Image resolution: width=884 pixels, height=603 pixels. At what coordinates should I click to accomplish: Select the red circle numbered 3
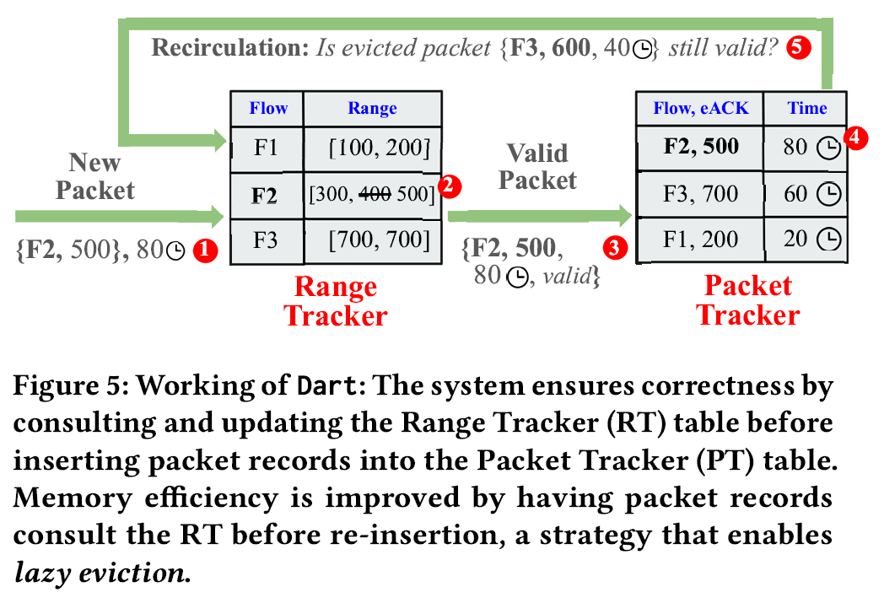(614, 247)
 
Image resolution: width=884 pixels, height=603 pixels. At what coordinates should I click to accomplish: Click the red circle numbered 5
(797, 48)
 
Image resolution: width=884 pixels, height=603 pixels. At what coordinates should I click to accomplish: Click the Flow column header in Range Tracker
(267, 109)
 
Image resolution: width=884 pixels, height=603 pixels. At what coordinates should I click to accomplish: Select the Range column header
(372, 109)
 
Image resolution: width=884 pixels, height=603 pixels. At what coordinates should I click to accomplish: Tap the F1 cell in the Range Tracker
(267, 149)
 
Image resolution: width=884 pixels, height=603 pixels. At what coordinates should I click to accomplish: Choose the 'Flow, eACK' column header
(699, 108)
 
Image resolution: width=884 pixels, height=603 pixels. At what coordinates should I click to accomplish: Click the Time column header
(807, 108)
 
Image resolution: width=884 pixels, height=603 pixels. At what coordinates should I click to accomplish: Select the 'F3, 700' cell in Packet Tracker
(700, 195)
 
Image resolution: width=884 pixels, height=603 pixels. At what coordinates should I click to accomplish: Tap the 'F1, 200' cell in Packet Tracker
(700, 240)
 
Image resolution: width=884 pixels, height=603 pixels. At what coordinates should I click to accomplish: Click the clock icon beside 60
(830, 195)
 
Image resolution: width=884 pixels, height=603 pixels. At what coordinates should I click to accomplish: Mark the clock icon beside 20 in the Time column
(830, 240)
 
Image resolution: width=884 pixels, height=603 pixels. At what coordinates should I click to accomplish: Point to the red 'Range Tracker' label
(335, 300)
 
